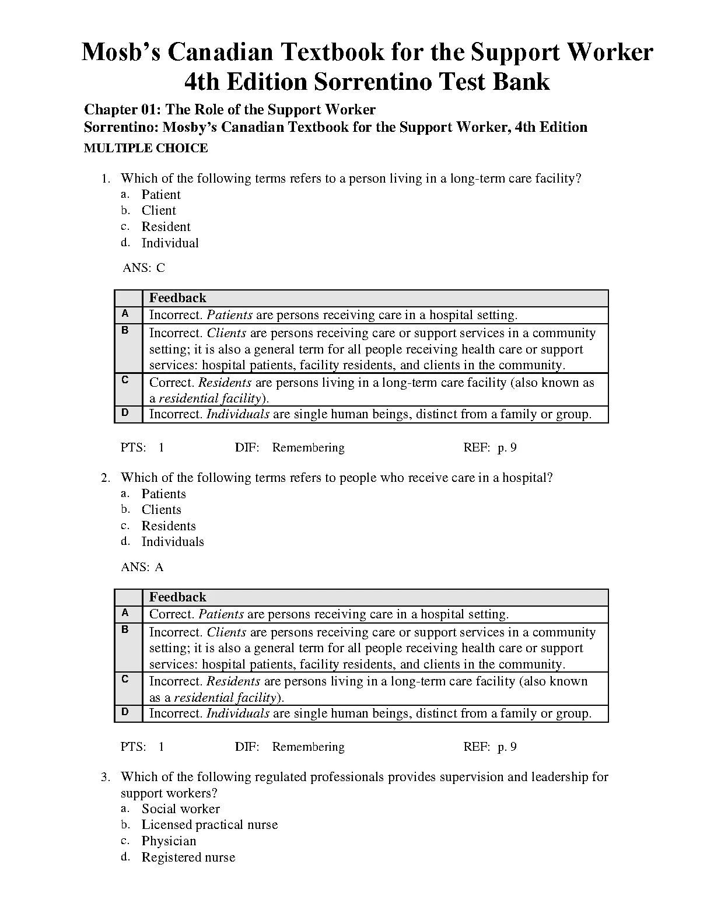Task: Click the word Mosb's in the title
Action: [x=119, y=52]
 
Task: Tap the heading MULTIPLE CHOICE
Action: [x=146, y=148]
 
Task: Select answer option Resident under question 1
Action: [x=166, y=227]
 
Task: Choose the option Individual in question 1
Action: [x=170, y=243]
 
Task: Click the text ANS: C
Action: [x=143, y=268]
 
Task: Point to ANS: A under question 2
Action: [x=142, y=567]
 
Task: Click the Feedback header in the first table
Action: [x=177, y=298]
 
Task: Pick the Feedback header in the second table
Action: [x=177, y=597]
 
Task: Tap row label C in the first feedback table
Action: [x=125, y=380]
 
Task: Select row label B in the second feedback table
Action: [x=125, y=629]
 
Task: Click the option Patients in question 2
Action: [x=163, y=494]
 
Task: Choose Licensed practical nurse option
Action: [x=209, y=825]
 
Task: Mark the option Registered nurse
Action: [x=188, y=857]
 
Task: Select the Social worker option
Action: [x=180, y=809]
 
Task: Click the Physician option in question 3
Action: [x=169, y=841]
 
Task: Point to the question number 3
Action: [x=105, y=777]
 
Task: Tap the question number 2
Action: [x=105, y=478]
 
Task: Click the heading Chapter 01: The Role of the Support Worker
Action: [x=230, y=110]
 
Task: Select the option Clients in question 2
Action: [x=161, y=510]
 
